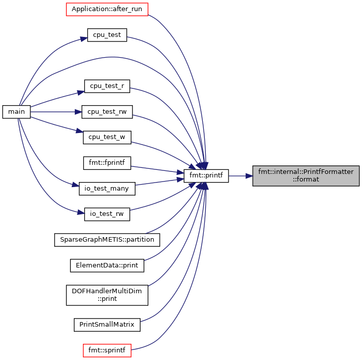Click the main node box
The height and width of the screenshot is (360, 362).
point(16,112)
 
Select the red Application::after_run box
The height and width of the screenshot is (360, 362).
point(107,9)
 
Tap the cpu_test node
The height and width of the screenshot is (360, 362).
point(107,35)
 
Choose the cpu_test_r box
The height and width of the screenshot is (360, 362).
point(107,86)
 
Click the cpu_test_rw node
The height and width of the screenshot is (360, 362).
point(107,112)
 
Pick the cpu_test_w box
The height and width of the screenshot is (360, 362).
point(107,138)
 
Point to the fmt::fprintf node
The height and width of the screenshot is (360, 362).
point(107,163)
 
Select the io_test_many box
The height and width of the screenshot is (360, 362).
point(107,189)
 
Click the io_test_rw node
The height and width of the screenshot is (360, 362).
point(107,214)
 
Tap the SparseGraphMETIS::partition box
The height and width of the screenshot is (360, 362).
point(107,240)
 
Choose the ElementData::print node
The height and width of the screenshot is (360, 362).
point(107,265)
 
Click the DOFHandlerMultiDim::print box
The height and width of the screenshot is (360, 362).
point(107,295)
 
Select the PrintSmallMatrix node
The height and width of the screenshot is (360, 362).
point(107,325)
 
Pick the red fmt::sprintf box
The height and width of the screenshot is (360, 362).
point(107,350)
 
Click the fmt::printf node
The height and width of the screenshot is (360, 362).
point(206,176)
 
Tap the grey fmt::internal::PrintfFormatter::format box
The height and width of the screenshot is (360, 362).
point(306,176)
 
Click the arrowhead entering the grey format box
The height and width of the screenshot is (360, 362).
point(249,176)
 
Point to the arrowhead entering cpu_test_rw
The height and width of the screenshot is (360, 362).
point(78,112)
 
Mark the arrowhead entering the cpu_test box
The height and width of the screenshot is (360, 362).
point(84,39)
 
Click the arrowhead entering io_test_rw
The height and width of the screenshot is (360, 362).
point(81,212)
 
